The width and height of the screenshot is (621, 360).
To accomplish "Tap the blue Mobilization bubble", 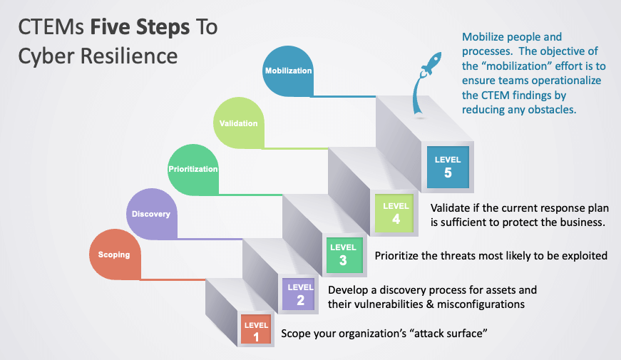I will (289, 71).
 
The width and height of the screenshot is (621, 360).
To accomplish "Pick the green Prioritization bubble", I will (193, 169).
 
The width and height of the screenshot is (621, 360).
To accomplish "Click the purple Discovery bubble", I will (150, 214).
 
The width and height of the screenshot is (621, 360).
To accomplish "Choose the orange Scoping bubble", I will (114, 254).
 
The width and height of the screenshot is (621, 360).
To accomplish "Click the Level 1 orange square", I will (256, 330).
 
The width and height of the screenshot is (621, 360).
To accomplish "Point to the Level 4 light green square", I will (396, 212).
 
